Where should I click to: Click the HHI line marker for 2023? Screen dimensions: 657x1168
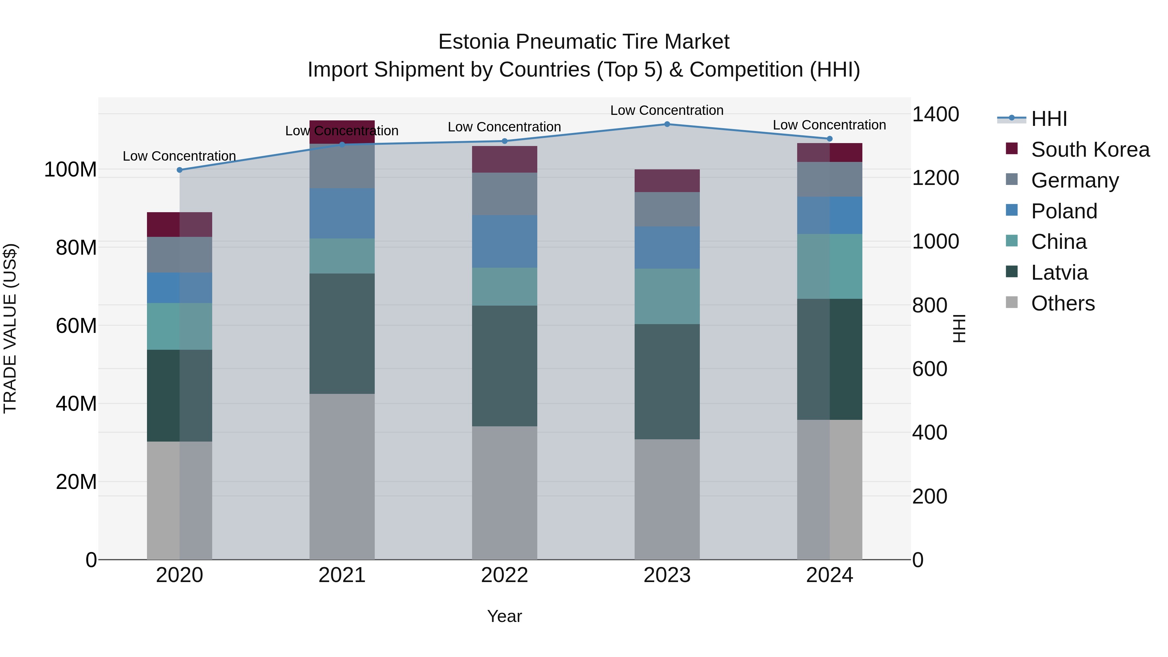(x=667, y=124)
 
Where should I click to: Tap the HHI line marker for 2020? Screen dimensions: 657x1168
(x=179, y=170)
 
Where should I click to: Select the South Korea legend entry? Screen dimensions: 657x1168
(x=1090, y=150)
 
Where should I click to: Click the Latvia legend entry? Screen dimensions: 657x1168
(x=1059, y=273)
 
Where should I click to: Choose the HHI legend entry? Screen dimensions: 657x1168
(x=1049, y=119)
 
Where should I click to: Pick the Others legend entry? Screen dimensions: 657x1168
(x=1063, y=303)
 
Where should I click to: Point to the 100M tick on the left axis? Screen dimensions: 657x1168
(x=70, y=170)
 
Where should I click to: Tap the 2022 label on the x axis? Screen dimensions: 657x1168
(x=504, y=575)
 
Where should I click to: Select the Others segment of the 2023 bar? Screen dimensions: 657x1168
(x=667, y=499)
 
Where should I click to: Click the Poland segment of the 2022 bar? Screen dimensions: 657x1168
(x=504, y=241)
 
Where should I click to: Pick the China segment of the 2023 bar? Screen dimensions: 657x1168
(x=667, y=296)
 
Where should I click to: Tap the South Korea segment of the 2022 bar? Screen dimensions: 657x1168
(x=504, y=159)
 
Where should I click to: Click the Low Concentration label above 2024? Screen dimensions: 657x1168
(x=829, y=125)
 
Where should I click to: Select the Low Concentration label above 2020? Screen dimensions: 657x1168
(x=179, y=156)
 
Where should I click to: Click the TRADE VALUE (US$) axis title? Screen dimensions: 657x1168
(x=10, y=328)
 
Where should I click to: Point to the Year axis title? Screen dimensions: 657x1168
(x=504, y=616)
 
